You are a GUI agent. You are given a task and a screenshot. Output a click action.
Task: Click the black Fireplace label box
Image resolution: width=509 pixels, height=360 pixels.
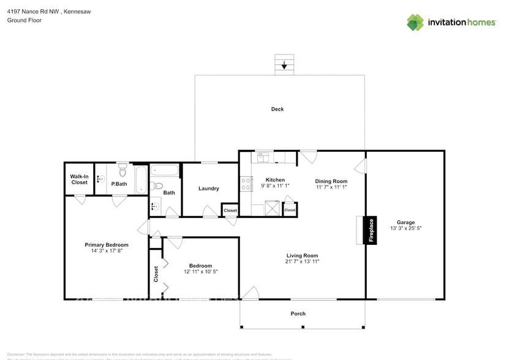pyautogui.click(x=371, y=231)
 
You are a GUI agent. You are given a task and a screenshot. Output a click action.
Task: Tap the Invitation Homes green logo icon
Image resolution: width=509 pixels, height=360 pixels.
pyautogui.click(x=415, y=22)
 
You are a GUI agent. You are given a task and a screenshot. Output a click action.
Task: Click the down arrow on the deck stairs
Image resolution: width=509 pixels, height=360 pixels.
pyautogui.click(x=284, y=64)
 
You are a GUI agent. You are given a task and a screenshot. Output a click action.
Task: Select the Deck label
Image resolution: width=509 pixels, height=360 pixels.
pyautogui.click(x=277, y=109)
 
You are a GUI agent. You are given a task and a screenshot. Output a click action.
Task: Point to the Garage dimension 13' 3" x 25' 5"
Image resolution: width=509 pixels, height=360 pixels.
pyautogui.click(x=405, y=228)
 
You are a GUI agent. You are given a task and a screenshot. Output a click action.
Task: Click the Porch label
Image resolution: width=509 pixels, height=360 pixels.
pyautogui.click(x=298, y=313)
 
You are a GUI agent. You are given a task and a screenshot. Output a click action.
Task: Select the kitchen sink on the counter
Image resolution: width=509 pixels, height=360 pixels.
pyautogui.click(x=263, y=157)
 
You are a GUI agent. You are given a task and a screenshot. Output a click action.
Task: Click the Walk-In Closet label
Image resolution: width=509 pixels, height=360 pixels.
pyautogui.click(x=79, y=179)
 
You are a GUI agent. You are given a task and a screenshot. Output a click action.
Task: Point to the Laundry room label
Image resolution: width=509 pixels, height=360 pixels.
pyautogui.click(x=208, y=188)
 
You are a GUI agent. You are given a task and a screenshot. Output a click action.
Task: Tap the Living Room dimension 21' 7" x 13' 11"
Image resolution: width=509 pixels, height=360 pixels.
pyautogui.click(x=303, y=261)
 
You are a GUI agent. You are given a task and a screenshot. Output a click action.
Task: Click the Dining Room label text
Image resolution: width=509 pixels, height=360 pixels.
pyautogui.click(x=331, y=181)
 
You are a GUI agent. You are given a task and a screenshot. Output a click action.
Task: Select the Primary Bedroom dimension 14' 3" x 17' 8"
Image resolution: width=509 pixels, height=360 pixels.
pyautogui.click(x=107, y=250)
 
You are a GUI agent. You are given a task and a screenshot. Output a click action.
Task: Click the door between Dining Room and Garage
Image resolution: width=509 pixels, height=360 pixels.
pyautogui.click(x=361, y=165)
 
